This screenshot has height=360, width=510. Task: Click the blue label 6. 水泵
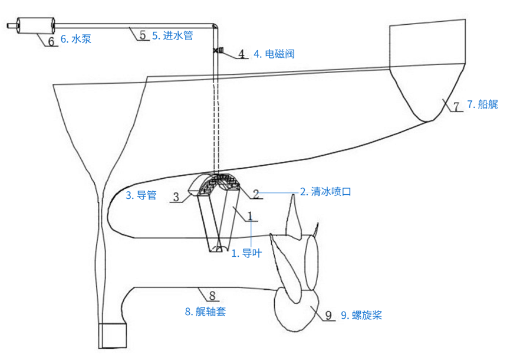click(76, 40)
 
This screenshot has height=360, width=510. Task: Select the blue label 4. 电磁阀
click(274, 54)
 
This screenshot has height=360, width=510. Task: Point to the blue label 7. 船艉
click(482, 104)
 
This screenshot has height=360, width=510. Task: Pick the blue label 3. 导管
click(142, 195)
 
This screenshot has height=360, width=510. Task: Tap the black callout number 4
click(241, 54)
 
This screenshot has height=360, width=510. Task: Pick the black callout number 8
click(213, 293)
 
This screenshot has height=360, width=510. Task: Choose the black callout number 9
click(329, 315)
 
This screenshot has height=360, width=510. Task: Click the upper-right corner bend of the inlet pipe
click(214, 27)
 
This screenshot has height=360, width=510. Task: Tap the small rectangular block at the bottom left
click(113, 335)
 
